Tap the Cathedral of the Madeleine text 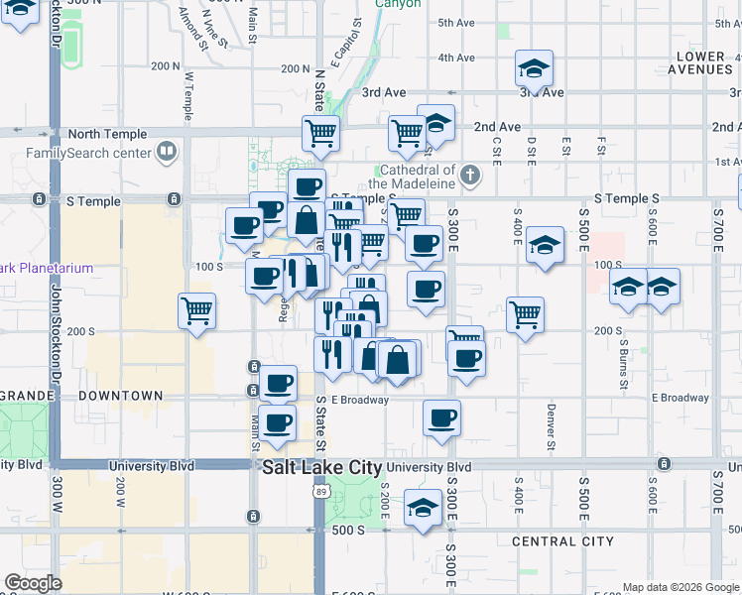coord(412,177)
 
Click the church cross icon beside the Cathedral coord(470,177)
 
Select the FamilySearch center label coord(89,153)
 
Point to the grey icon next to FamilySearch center coord(167,153)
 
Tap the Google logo coord(33,583)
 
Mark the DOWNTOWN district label coord(120,396)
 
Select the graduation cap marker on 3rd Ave coord(534,70)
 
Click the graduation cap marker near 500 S coord(423,509)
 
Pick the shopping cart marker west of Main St coord(197,311)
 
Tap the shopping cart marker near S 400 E coord(525,315)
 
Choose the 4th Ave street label coord(456,58)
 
